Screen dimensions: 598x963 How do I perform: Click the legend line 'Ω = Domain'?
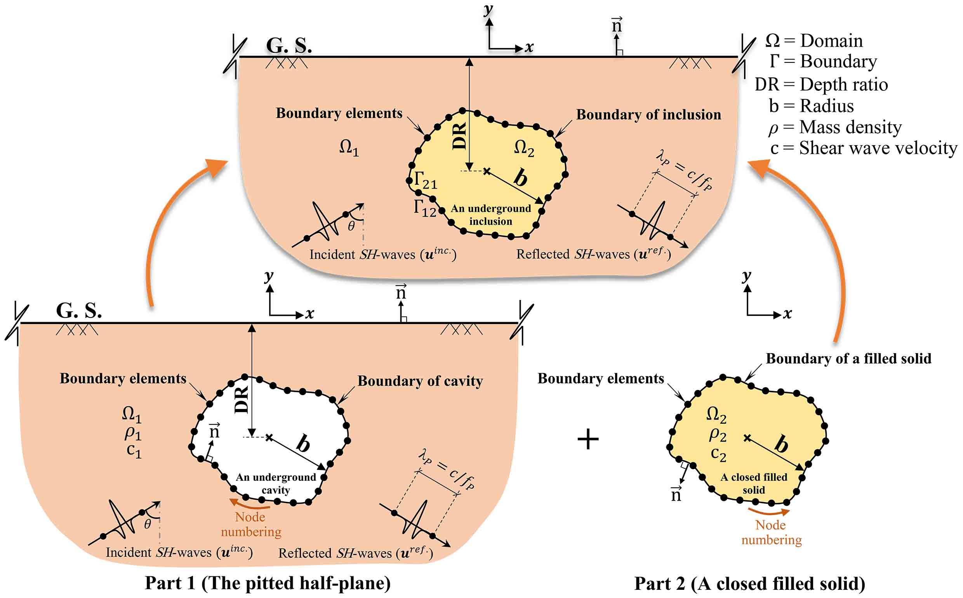814,41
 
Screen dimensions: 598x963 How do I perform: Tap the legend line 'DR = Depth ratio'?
821,84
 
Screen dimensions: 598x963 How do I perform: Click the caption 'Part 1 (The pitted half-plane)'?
268,583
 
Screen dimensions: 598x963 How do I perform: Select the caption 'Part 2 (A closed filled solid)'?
750,584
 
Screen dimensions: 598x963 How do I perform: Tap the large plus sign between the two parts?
588,440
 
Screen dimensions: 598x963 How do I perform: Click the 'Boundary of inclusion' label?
648,115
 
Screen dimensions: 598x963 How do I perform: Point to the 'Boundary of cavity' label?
420,381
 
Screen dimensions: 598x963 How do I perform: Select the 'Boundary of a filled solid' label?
849,359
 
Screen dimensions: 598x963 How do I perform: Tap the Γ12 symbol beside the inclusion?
425,208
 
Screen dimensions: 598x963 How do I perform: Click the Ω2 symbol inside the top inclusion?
524,149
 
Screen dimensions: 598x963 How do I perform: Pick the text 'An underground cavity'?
276,483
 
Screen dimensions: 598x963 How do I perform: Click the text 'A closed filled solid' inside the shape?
754,483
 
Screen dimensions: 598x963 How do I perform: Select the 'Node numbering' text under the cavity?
251,524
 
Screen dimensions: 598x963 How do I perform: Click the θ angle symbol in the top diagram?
351,226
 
